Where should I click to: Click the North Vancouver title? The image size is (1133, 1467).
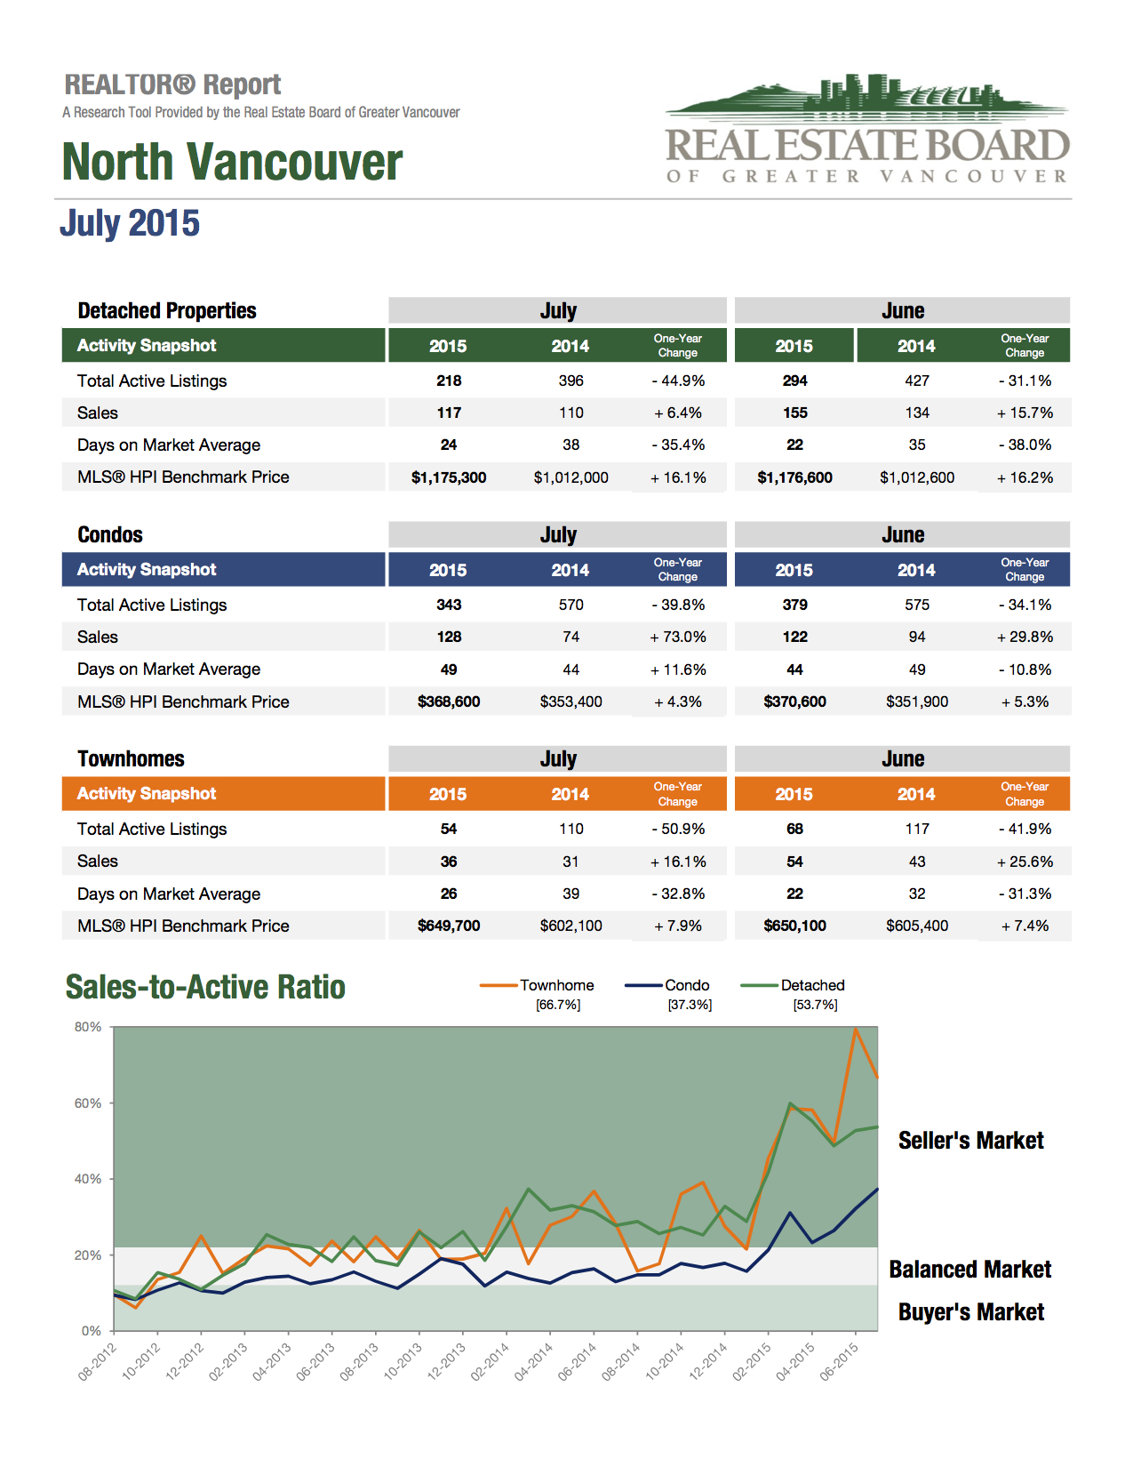[232, 162]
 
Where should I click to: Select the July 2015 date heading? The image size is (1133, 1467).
[130, 223]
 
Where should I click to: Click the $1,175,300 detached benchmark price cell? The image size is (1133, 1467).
[449, 477]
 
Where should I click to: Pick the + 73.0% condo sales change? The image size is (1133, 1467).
[677, 637]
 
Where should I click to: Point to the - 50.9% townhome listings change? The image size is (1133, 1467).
[677, 829]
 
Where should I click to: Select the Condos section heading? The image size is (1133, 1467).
[110, 534]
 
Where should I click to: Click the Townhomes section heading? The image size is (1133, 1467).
[131, 758]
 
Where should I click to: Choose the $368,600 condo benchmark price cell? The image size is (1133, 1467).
[449, 701]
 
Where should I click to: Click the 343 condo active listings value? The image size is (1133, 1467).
[449, 605]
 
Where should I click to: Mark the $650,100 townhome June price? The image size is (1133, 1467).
[795, 926]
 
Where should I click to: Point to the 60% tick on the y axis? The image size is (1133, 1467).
[88, 1103]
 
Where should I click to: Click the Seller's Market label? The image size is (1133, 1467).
[971, 1140]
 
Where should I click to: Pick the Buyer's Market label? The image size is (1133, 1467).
[971, 1311]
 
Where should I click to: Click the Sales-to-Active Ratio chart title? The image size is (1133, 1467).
[205, 987]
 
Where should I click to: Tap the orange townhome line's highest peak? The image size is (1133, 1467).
[856, 1029]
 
